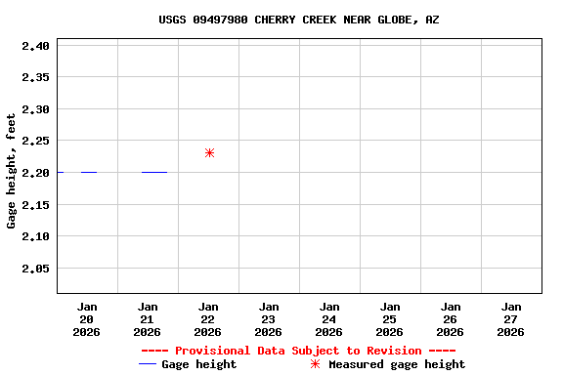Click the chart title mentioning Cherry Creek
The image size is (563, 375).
click(x=298, y=20)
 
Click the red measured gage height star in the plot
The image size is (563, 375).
click(x=209, y=153)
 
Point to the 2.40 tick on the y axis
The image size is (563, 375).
click(x=35, y=45)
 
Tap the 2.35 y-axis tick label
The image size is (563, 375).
click(x=35, y=77)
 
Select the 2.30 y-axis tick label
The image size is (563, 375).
click(x=35, y=109)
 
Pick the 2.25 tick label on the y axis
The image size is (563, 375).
click(x=35, y=141)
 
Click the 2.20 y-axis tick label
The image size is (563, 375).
click(x=35, y=173)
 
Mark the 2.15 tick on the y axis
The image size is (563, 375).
click(x=35, y=204)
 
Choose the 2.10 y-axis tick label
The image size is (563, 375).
click(x=35, y=236)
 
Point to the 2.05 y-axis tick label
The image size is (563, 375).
click(x=35, y=269)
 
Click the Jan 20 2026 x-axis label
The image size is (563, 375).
click(x=87, y=319)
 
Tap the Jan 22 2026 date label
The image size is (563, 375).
click(x=208, y=319)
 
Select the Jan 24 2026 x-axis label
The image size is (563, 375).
click(x=329, y=319)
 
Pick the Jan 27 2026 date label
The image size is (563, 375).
click(x=510, y=319)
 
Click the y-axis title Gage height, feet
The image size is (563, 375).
click(x=12, y=171)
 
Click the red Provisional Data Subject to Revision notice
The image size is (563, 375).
click(x=298, y=351)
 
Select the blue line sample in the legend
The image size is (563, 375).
click(x=148, y=364)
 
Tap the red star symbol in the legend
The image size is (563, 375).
click(x=315, y=364)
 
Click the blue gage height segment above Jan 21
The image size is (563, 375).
click(x=154, y=172)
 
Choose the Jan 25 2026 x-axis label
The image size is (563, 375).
click(x=390, y=319)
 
